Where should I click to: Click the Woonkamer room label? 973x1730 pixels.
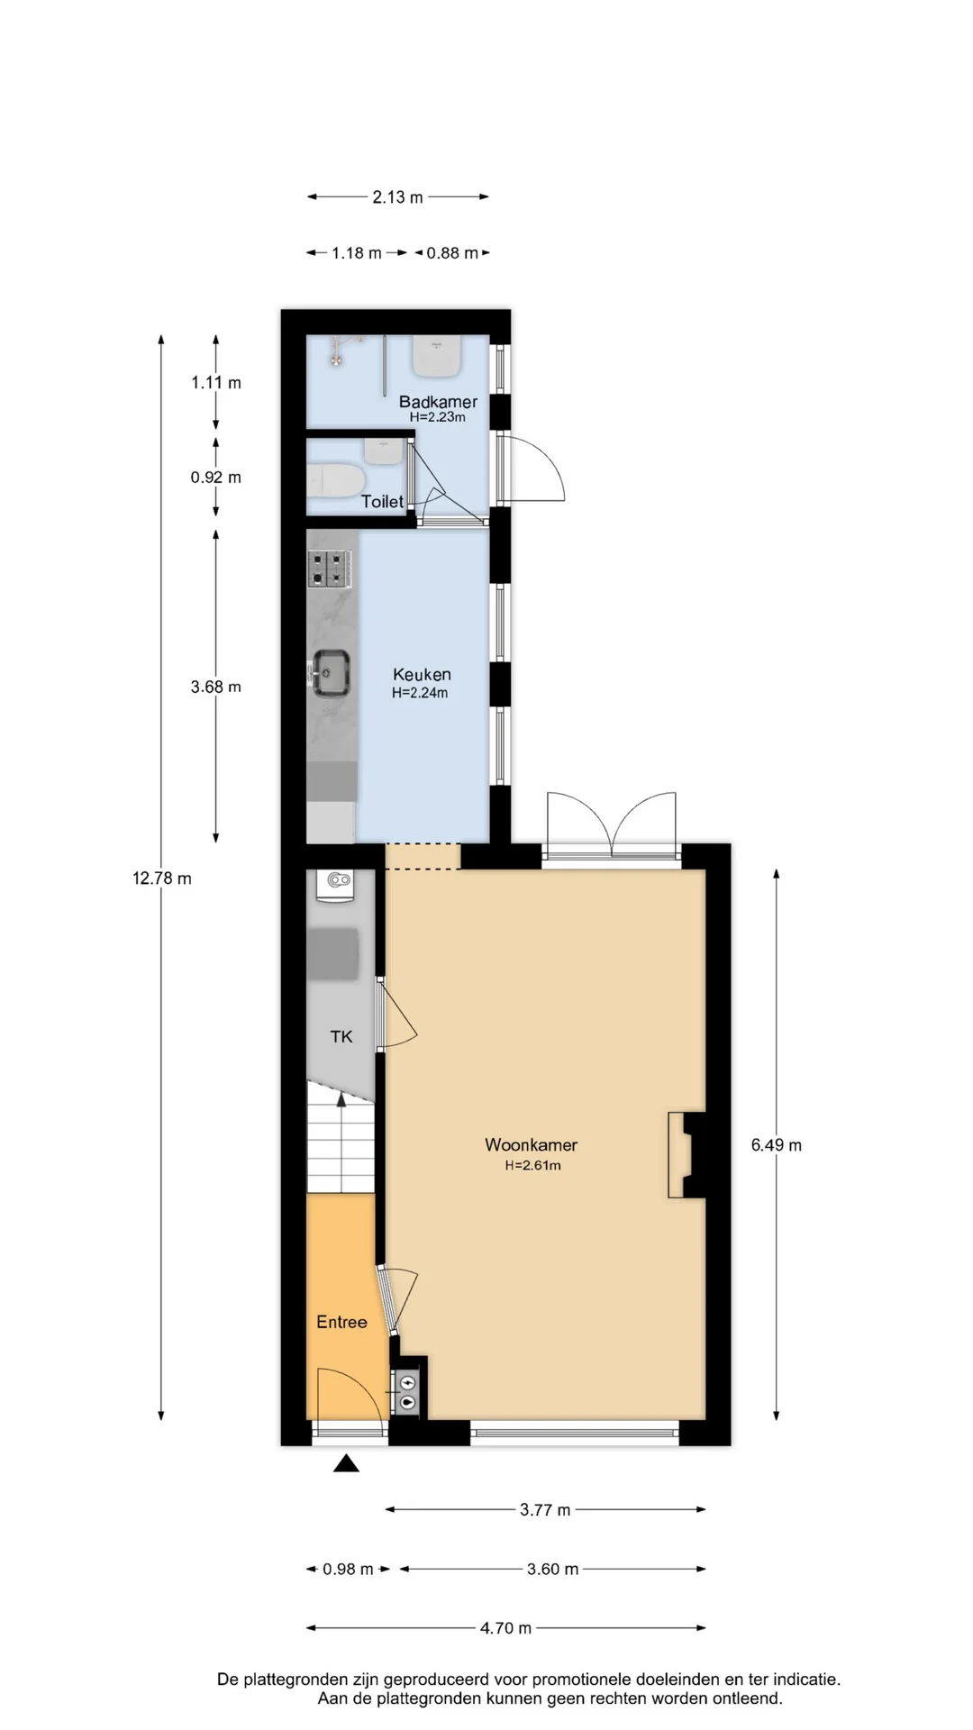click(531, 1144)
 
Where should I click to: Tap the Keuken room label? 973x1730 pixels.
click(422, 674)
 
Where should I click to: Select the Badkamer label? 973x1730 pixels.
click(438, 402)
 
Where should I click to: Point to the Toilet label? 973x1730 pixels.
click(382, 502)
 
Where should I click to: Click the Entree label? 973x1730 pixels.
click(341, 1322)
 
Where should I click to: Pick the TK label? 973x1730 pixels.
click(341, 1036)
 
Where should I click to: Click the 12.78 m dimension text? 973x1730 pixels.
click(162, 878)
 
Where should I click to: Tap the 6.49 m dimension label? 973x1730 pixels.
click(776, 1145)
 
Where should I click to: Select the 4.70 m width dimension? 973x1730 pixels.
click(505, 1628)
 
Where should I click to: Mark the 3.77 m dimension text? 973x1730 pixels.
click(545, 1509)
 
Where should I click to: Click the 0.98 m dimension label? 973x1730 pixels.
click(348, 1569)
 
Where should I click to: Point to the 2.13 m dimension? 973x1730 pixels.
click(397, 196)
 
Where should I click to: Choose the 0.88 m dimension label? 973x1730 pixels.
click(452, 253)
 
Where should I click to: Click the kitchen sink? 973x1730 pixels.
click(330, 672)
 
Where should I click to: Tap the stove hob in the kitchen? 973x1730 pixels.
click(329, 569)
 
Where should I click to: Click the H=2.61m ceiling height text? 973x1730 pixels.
click(532, 1165)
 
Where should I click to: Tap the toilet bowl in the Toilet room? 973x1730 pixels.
click(334, 479)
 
